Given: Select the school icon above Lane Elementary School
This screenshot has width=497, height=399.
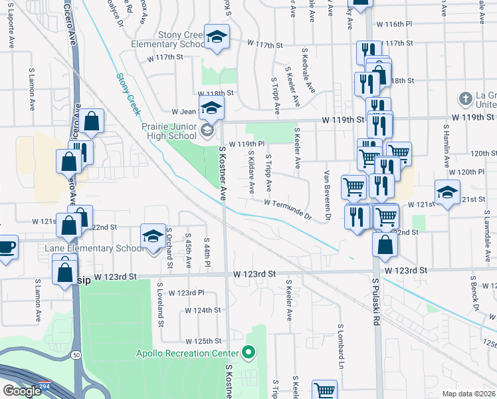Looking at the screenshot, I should pyautogui.click(x=152, y=235).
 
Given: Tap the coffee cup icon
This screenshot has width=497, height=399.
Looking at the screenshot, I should pyautogui.click(x=7, y=247).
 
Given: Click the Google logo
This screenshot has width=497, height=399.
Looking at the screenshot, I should pyautogui.click(x=22, y=391).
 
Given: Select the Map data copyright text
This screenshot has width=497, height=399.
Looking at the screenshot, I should pyautogui.click(x=469, y=394).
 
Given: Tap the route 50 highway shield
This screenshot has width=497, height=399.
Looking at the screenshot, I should pyautogui.click(x=77, y=356).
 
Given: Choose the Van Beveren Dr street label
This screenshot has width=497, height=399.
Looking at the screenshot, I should pyautogui.click(x=327, y=196).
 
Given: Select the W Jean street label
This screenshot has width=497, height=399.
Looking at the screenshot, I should pyautogui.click(x=185, y=112).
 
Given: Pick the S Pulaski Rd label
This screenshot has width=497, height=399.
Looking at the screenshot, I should pyautogui.click(x=375, y=293).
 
